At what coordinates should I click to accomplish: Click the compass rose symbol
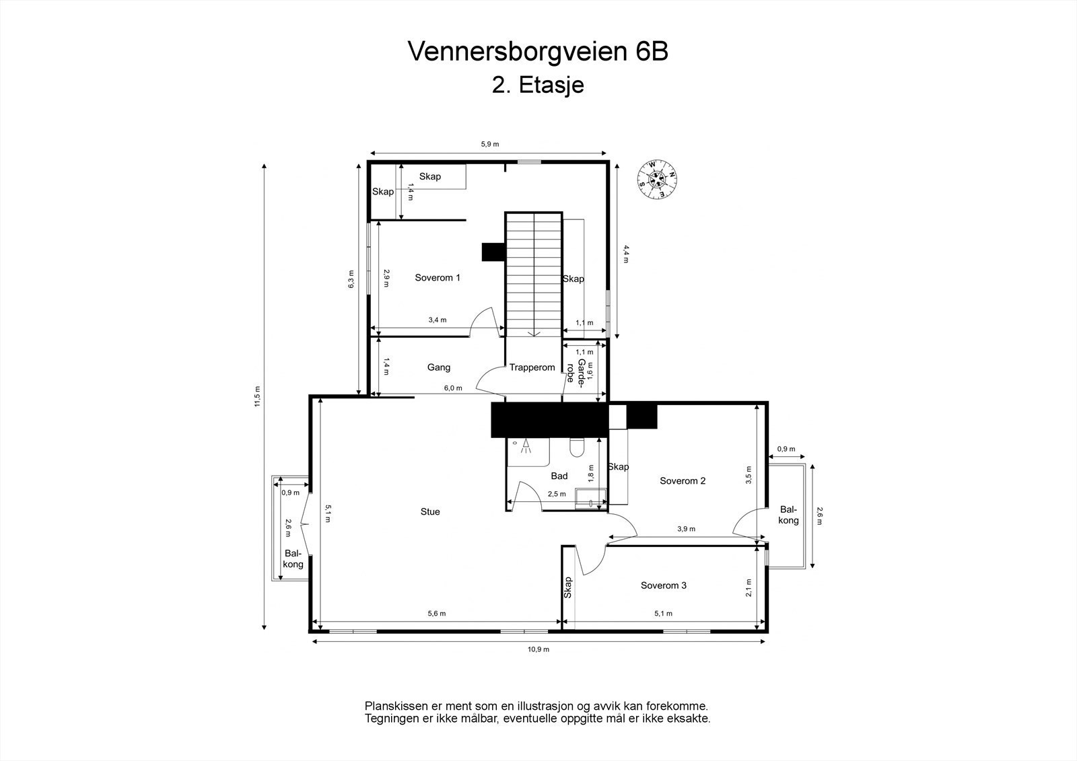click(657, 178)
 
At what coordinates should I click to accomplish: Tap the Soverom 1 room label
click(438, 277)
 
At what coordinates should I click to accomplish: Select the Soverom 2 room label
click(683, 480)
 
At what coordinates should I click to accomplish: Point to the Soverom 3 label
click(663, 585)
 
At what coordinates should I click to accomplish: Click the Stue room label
click(430, 512)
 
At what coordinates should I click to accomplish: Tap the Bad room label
click(559, 476)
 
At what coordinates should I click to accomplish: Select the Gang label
click(438, 367)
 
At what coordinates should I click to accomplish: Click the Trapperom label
click(532, 367)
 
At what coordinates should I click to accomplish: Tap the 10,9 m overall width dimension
click(538, 649)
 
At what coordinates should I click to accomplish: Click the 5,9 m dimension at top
click(489, 144)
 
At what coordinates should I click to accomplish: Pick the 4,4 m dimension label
click(626, 254)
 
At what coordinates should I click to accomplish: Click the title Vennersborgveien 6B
click(538, 52)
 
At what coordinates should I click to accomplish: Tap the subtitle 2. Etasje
click(538, 85)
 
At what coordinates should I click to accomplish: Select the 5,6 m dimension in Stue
click(437, 614)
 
